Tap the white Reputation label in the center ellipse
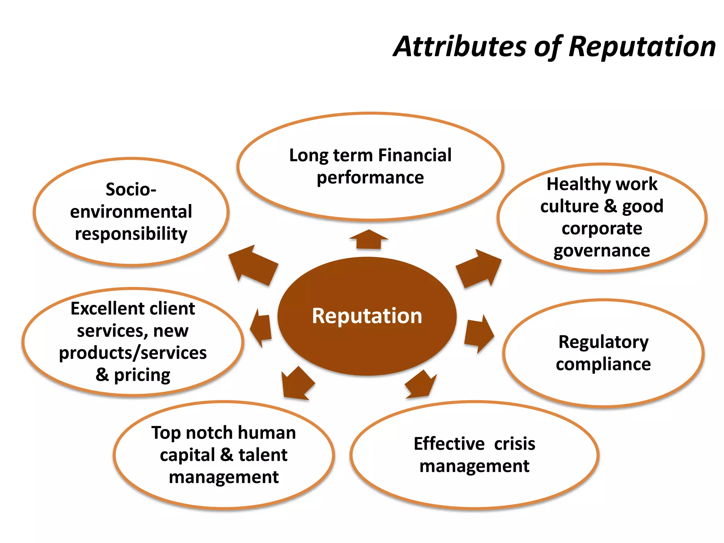point(367,316)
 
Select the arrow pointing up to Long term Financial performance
point(368,240)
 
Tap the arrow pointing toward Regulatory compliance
point(478,333)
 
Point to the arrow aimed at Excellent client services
point(261,328)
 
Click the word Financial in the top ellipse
point(415,155)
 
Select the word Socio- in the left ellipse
point(131,189)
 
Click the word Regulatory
point(603,342)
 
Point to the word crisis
point(514,444)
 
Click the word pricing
point(142,375)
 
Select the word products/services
point(133,353)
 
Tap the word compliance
point(603,364)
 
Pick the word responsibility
point(131,234)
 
